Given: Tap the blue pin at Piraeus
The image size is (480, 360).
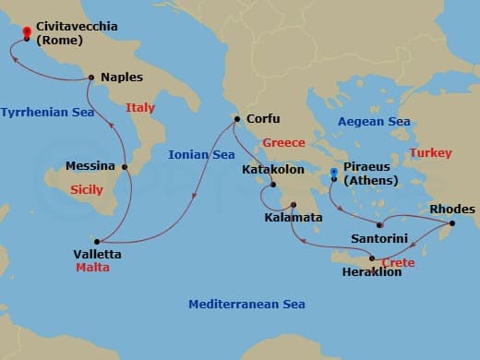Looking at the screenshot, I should coord(334,174).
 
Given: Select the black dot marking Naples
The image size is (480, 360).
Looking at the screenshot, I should coord(90,78).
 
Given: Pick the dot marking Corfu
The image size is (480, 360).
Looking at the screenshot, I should coord(237,119).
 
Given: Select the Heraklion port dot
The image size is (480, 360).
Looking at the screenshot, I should coord(372,258).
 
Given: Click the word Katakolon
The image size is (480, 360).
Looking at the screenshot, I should coord(275,170).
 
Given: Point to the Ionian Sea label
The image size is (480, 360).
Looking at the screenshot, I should coord(201,155).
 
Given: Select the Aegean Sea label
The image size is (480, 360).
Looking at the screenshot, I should coord(374,122).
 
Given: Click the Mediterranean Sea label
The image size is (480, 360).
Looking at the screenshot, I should coord(246,305).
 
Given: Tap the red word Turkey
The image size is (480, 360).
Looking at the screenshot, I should coord(430,152).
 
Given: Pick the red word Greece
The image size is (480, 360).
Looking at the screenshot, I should coord(283,143).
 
